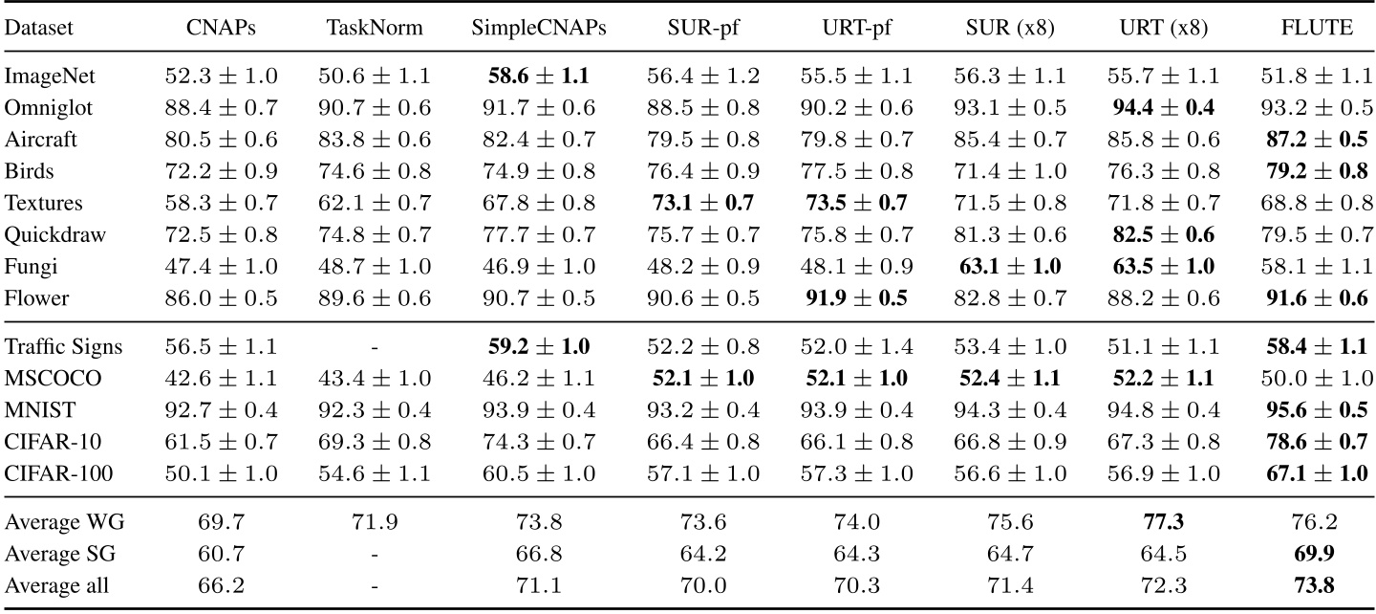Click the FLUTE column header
(x=1318, y=29)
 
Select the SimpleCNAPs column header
(x=539, y=29)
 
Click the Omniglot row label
(x=44, y=107)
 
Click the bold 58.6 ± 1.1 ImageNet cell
(x=539, y=75)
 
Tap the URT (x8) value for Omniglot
(x=1158, y=107)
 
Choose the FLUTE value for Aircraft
(x=1318, y=139)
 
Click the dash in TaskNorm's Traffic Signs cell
(x=376, y=347)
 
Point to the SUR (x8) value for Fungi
(x=1009, y=267)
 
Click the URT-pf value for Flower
(x=851, y=298)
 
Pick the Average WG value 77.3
(x=1158, y=522)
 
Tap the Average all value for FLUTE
(x=1318, y=585)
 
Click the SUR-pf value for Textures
(x=699, y=203)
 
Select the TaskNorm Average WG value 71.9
(x=376, y=522)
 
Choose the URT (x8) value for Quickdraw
(x=1158, y=235)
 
